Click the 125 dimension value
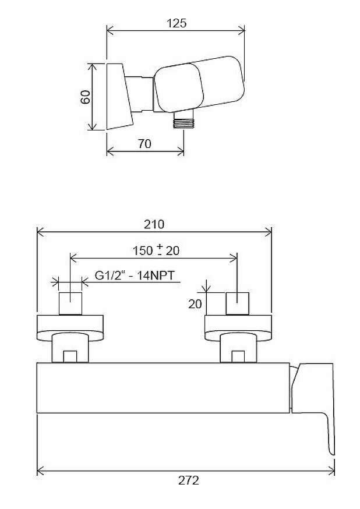[177, 23]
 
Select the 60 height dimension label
[86, 97]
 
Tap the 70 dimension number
[144, 143]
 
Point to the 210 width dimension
[154, 224]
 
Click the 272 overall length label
[188, 480]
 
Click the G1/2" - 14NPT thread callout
[135, 275]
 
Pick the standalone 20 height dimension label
[195, 304]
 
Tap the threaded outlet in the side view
[183, 121]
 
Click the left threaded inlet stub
[70, 303]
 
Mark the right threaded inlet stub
[237, 303]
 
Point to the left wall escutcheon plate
[70, 328]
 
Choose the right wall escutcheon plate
[238, 328]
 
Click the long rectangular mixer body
[163, 388]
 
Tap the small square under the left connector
[70, 356]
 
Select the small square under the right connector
[238, 356]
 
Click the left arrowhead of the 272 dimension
[40, 470]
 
